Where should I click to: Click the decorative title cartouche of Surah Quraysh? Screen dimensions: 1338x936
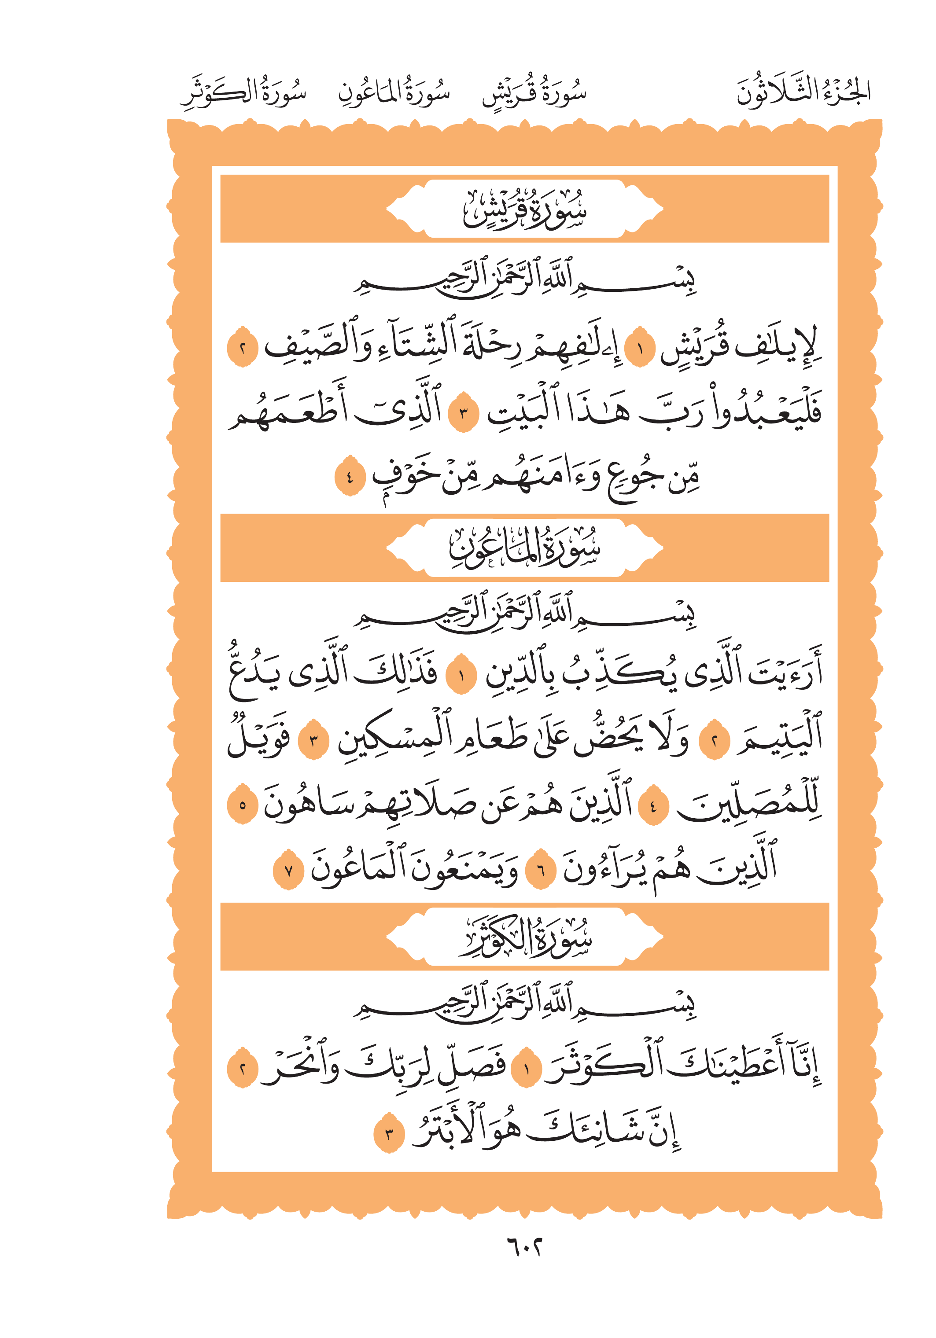(524, 209)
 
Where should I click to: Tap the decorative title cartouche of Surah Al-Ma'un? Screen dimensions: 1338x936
(524, 548)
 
